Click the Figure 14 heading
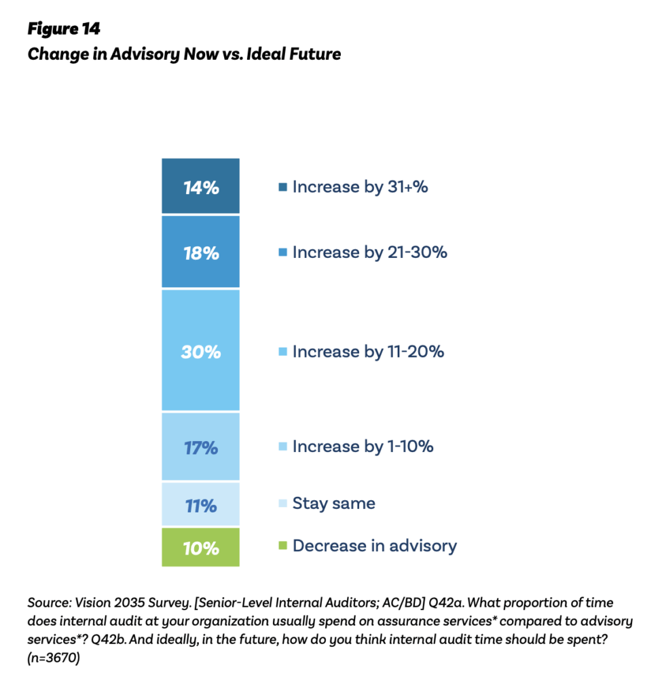[x=64, y=29]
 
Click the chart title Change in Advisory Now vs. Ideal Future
[x=183, y=54]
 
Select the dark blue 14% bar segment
[x=201, y=187]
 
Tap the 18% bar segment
[x=201, y=252]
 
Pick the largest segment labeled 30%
[x=201, y=351]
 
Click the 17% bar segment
[x=201, y=447]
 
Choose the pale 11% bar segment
[x=201, y=505]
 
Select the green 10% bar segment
[x=201, y=547]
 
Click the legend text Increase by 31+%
[x=360, y=187]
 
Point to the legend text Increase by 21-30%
[x=369, y=252]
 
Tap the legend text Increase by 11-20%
[x=368, y=352]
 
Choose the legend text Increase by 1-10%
[x=363, y=447]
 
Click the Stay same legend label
[x=333, y=504]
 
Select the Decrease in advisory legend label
[x=374, y=546]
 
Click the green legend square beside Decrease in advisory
[x=283, y=546]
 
